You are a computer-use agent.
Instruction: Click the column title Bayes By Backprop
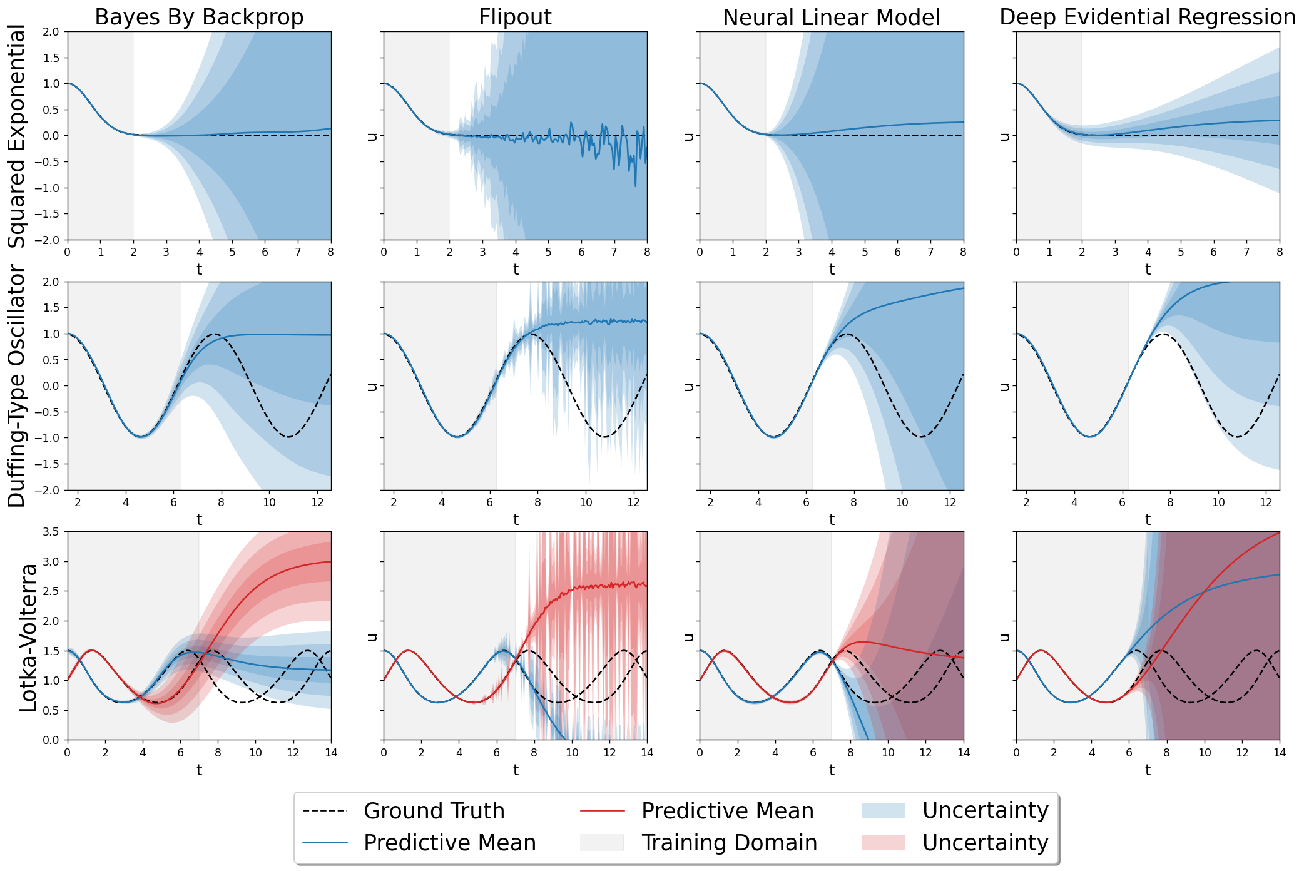click(199, 17)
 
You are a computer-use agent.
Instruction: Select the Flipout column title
click(515, 17)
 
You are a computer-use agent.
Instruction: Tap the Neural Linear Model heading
click(831, 17)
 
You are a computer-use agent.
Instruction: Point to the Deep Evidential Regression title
click(1148, 17)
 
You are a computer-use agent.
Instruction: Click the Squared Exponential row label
click(17, 136)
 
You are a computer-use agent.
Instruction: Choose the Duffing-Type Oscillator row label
click(17, 385)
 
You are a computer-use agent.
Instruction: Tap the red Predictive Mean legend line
click(603, 811)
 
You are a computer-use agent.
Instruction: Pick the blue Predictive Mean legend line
click(325, 843)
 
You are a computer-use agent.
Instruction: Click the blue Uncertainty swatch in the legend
click(883, 810)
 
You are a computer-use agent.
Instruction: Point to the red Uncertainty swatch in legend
click(883, 842)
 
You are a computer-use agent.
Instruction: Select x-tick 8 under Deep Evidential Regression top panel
click(1280, 252)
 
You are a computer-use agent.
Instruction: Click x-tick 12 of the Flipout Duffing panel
click(634, 502)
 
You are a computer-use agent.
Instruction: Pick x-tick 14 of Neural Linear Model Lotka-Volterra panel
click(964, 752)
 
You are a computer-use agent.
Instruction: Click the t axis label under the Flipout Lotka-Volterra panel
click(516, 770)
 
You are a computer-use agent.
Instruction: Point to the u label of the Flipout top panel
click(372, 136)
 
